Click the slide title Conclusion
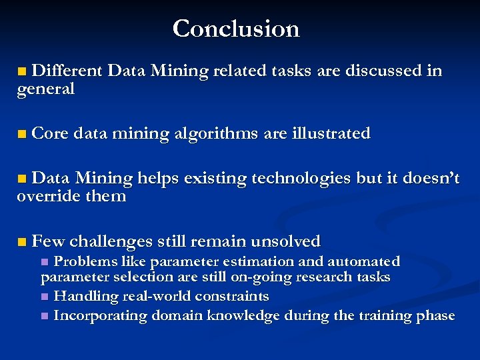pyautogui.click(x=236, y=29)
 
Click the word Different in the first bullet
pyautogui.click(x=67, y=71)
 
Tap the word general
pyautogui.click(x=45, y=89)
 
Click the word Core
pyautogui.click(x=50, y=133)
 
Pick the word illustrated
pyautogui.click(x=331, y=133)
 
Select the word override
pyautogui.click(x=47, y=197)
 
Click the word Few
pyautogui.click(x=47, y=241)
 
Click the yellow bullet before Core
pyautogui.click(x=23, y=134)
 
